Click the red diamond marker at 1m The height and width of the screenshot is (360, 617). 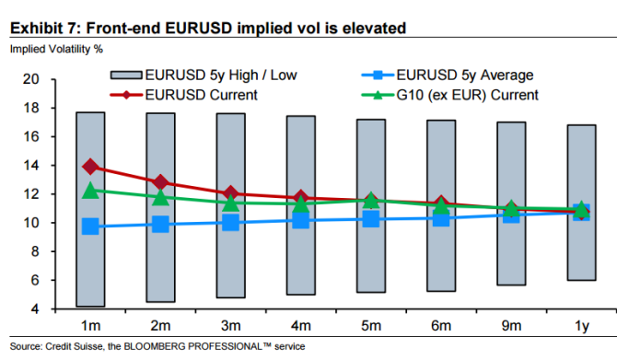point(90,167)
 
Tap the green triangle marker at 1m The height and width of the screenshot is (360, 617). point(90,191)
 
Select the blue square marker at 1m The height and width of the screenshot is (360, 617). point(90,226)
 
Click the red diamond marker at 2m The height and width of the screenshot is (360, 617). point(160,182)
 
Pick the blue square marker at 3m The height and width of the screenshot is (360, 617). point(230,223)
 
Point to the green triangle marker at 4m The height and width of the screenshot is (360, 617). point(300,203)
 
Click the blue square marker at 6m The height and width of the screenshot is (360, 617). point(440,217)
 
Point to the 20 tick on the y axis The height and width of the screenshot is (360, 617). point(29,79)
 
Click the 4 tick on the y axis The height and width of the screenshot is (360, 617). point(33,309)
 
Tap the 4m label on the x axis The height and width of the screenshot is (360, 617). point(300,326)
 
